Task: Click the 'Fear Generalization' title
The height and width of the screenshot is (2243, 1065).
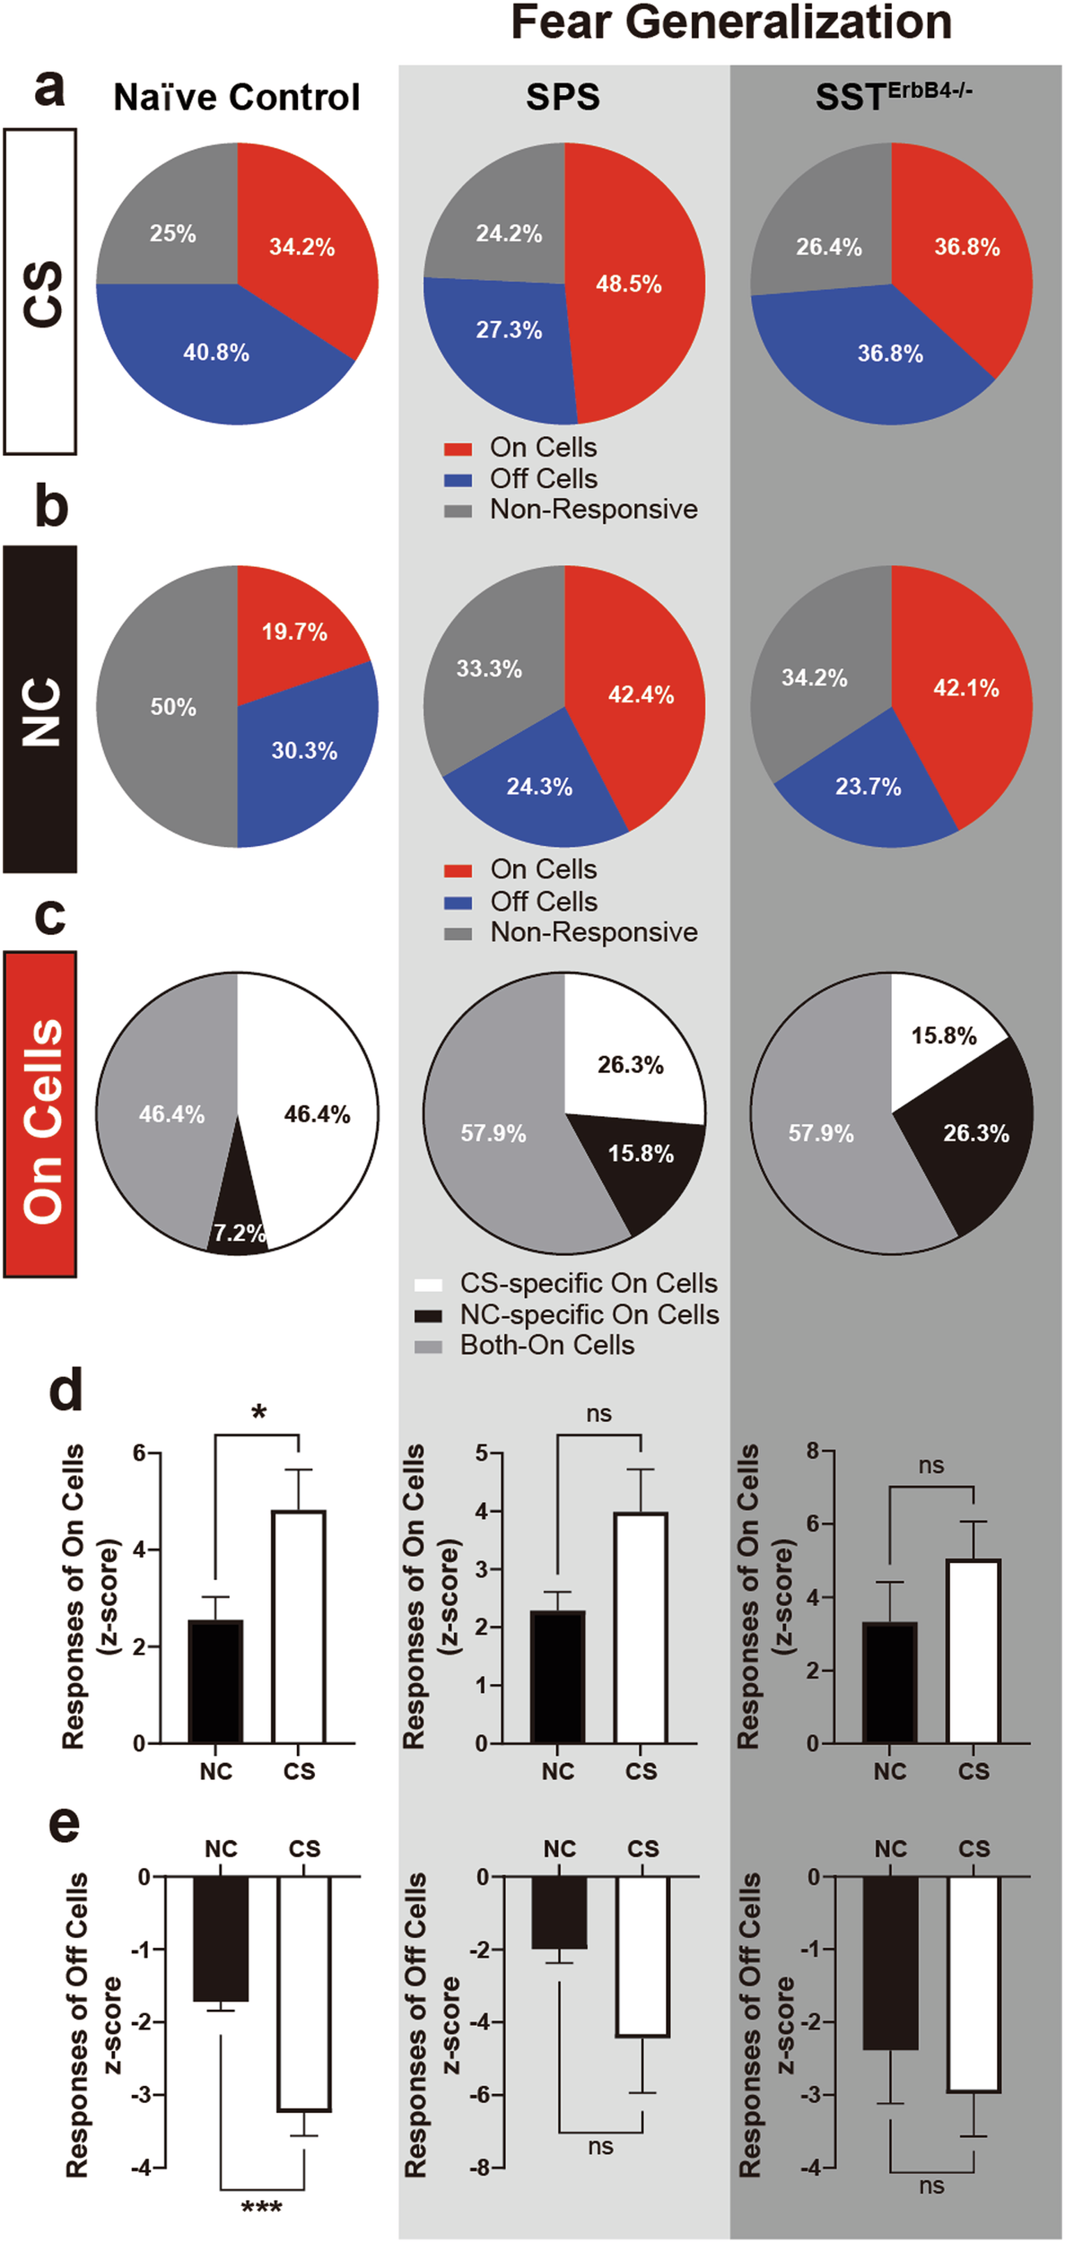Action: point(730,22)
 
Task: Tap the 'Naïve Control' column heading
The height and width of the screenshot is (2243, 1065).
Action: point(236,97)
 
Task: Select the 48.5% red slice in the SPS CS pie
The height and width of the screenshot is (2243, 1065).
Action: point(628,284)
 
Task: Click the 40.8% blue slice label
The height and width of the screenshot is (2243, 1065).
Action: point(216,353)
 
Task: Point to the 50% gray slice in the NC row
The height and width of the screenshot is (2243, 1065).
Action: point(172,707)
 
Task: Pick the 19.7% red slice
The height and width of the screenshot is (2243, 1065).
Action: point(293,633)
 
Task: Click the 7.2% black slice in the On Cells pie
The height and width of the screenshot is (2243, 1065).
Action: point(238,1232)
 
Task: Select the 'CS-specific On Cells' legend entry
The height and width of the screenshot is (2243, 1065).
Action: point(588,1284)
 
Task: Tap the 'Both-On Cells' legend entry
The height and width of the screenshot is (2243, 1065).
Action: point(546,1346)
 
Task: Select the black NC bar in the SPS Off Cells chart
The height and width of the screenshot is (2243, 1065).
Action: point(559,1912)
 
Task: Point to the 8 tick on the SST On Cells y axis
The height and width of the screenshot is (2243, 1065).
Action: point(812,1452)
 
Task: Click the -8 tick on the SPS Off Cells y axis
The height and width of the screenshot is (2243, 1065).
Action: point(482,2168)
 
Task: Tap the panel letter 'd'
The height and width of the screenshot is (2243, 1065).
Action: point(65,1391)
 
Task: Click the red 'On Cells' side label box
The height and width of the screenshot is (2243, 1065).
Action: point(40,1113)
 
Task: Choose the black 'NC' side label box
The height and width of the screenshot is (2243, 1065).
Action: point(40,709)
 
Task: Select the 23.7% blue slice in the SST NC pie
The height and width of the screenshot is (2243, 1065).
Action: point(868,788)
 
